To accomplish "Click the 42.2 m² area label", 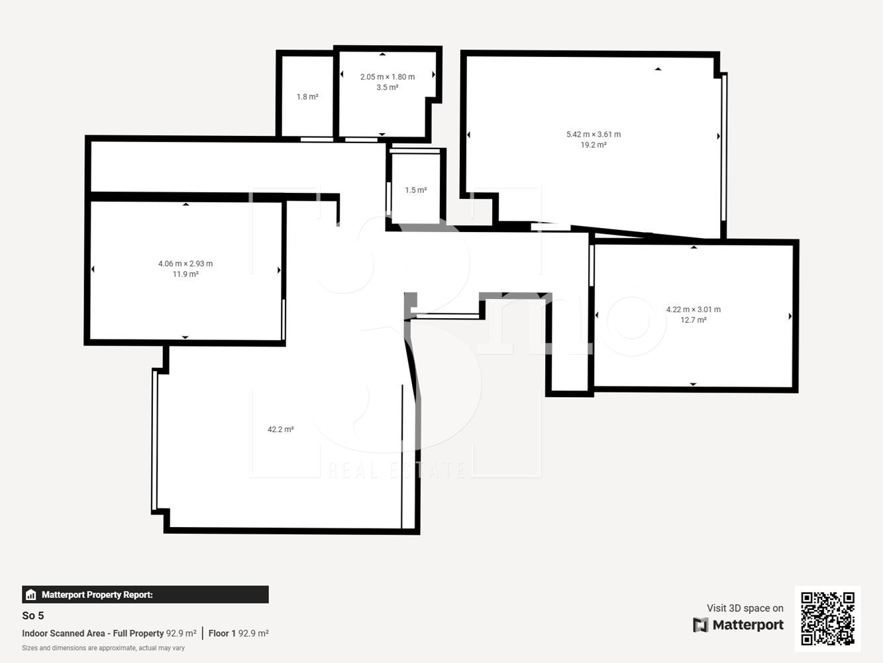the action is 280,430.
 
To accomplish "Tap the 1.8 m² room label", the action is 307,97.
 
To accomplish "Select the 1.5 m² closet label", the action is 415,190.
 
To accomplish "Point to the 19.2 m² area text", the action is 594,145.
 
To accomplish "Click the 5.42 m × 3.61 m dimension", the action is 594,135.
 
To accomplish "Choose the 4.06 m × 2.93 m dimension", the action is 185,264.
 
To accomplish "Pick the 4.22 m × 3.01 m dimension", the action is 693,310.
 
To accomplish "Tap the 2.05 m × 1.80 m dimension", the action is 387,77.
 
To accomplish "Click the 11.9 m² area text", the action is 185,274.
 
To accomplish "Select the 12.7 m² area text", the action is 693,320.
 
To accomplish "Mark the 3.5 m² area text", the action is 387,88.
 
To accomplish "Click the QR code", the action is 827,619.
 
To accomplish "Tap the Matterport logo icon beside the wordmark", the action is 700,625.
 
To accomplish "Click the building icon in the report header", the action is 31,595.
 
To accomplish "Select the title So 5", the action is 33,615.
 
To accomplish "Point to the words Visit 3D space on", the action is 745,608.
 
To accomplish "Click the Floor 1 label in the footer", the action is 222,633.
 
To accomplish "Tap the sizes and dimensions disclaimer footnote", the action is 103,648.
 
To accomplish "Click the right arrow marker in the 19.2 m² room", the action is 719,137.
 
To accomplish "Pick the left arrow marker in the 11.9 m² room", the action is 93,269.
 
